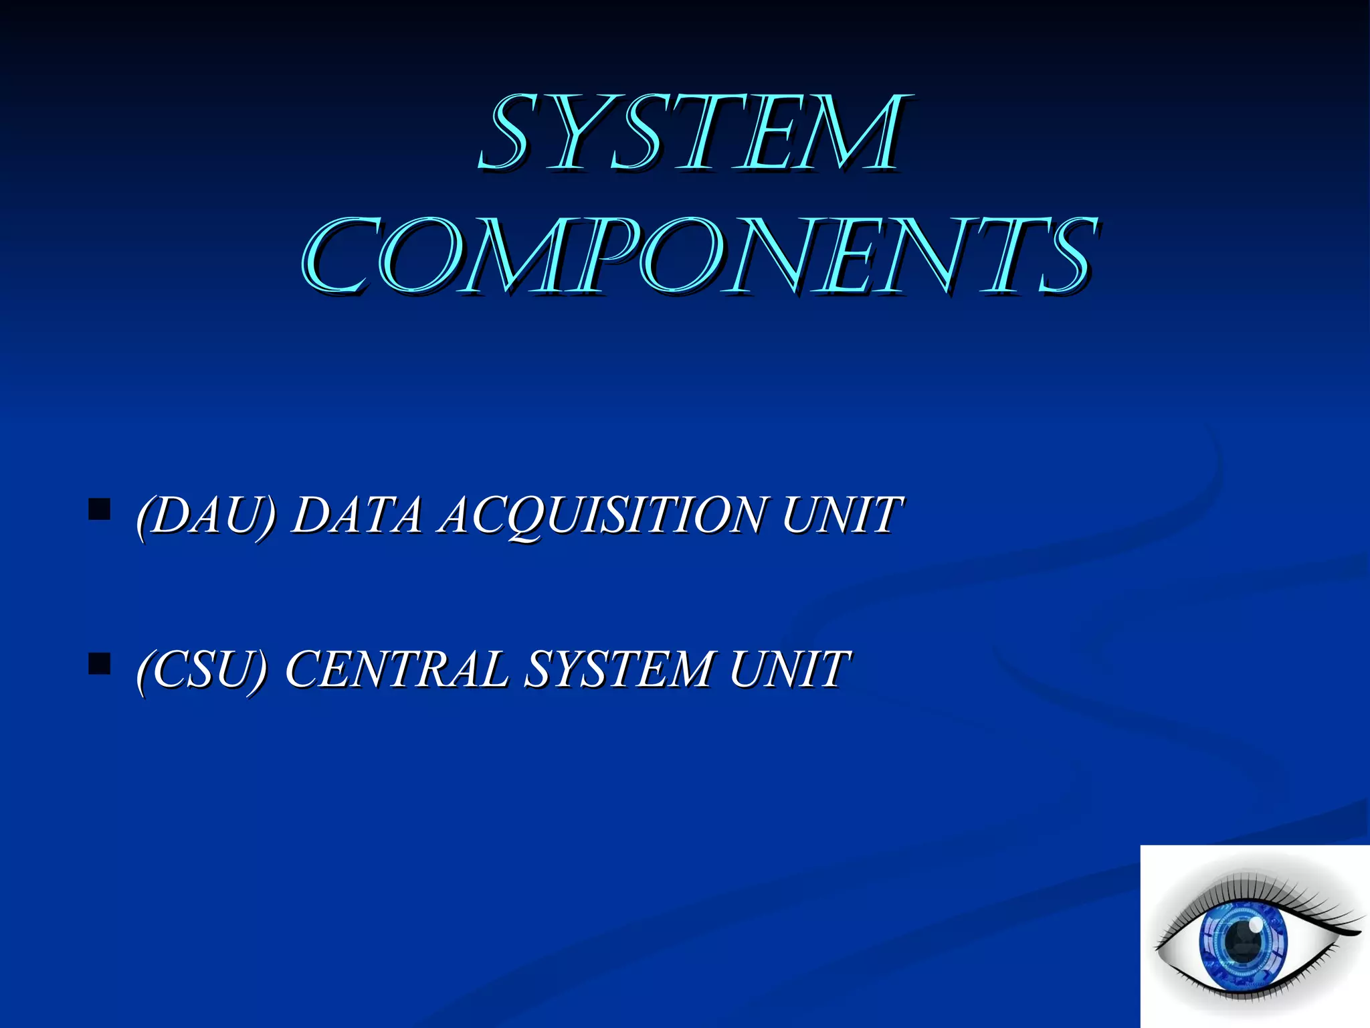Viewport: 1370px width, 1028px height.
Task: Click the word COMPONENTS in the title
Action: (x=698, y=257)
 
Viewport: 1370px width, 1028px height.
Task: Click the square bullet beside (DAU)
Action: (x=99, y=509)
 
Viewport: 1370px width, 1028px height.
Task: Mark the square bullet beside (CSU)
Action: (x=99, y=664)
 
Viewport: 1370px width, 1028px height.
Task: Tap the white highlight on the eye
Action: (x=1256, y=924)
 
